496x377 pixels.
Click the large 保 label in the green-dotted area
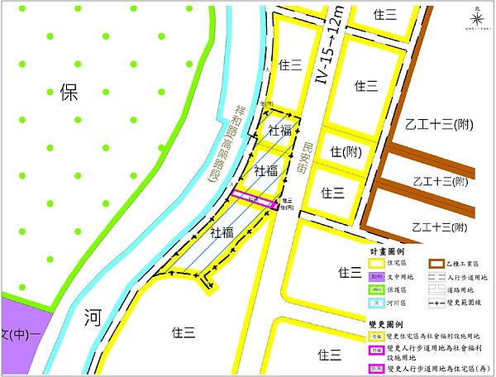(x=68, y=92)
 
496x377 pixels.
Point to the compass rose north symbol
(x=477, y=16)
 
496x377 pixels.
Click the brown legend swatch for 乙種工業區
(x=436, y=265)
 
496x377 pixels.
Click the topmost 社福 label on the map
(x=279, y=130)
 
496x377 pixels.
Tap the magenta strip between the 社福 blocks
(x=252, y=198)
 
